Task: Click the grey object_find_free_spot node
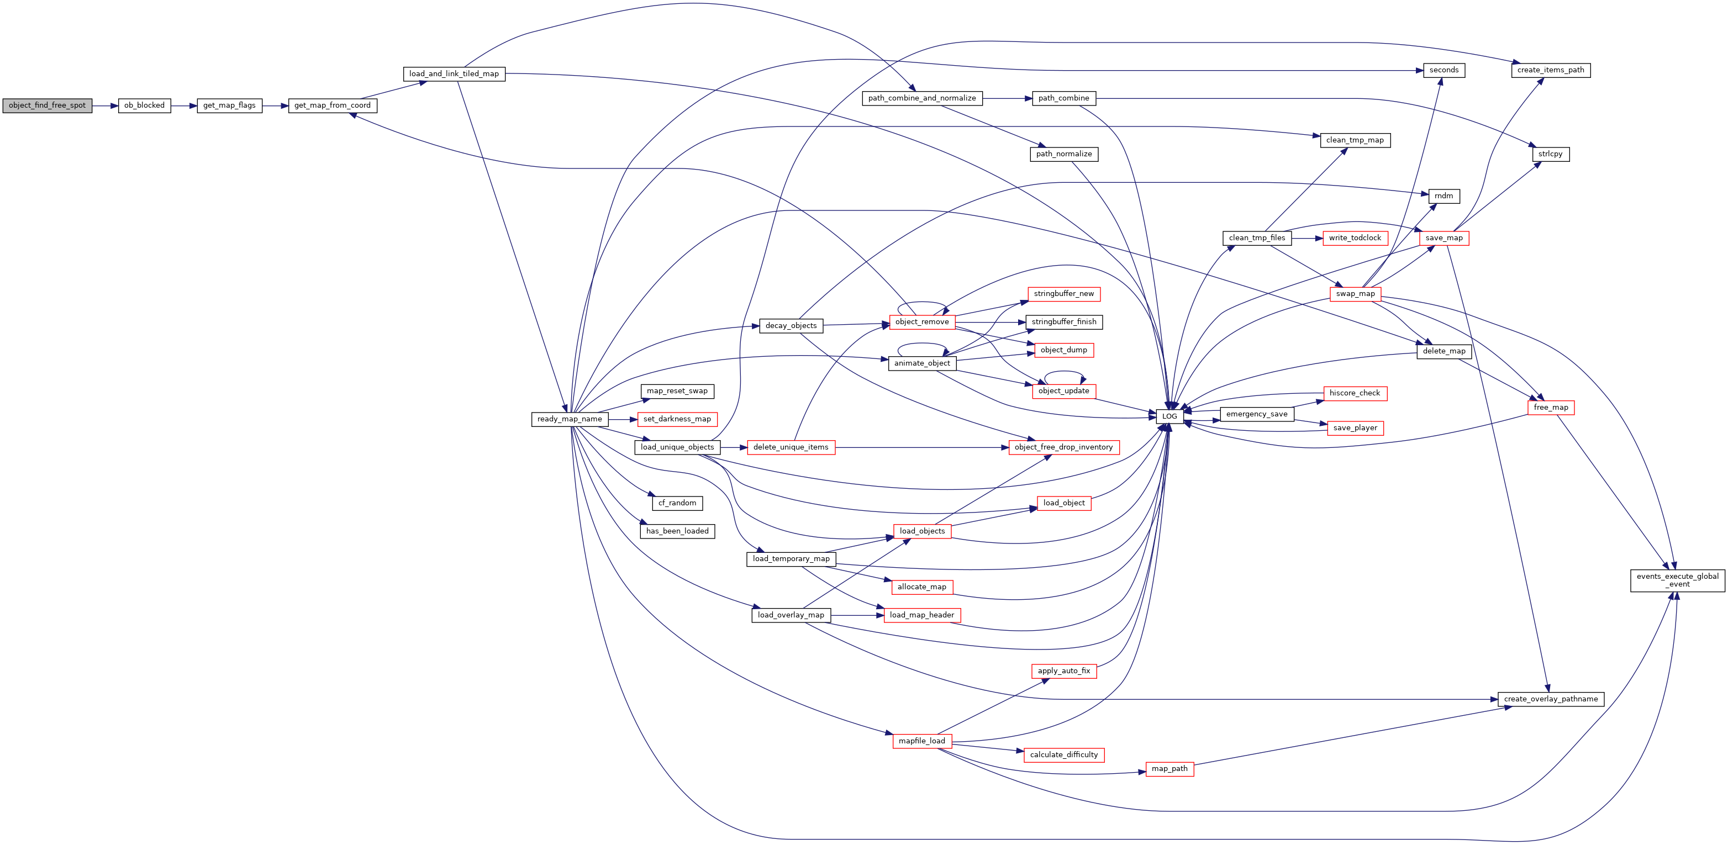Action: [47, 105]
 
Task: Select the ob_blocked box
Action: [144, 105]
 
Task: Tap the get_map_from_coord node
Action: [333, 105]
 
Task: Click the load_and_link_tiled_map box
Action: [454, 74]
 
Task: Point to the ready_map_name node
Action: [570, 419]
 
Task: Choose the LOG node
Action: [1169, 416]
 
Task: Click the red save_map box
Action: [1444, 238]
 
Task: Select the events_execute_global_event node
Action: [1678, 580]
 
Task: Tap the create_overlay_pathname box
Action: [1551, 699]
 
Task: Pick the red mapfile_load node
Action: [921, 741]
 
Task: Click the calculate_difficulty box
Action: [1064, 755]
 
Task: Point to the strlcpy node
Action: [1550, 154]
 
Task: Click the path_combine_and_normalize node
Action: [921, 98]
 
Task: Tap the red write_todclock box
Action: [1355, 238]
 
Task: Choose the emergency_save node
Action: [1256, 414]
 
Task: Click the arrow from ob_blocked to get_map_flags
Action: [184, 106]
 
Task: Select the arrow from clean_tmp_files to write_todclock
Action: [1306, 238]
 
